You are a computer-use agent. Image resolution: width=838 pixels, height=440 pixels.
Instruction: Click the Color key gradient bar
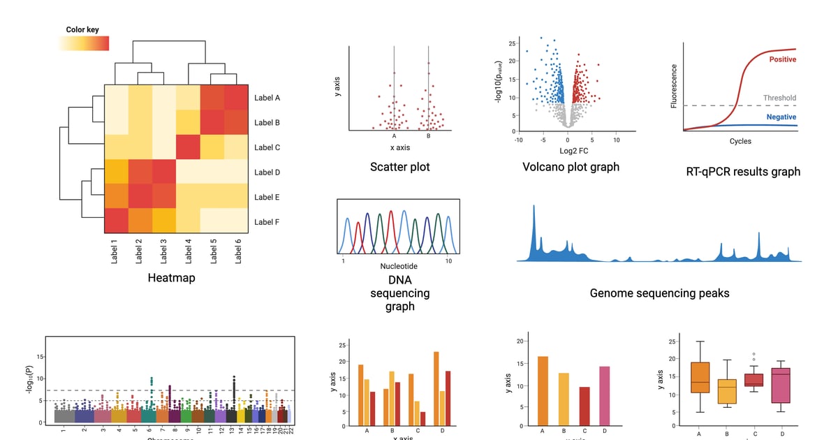(x=84, y=43)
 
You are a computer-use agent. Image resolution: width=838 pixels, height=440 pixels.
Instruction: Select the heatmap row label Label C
(x=267, y=147)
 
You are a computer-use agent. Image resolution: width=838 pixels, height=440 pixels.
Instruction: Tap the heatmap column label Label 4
(x=188, y=251)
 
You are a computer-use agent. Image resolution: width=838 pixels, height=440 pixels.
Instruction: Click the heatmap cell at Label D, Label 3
(x=163, y=172)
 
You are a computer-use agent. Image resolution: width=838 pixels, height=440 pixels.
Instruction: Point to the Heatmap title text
(x=171, y=278)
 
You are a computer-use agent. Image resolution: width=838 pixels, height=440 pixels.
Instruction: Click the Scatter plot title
(x=400, y=167)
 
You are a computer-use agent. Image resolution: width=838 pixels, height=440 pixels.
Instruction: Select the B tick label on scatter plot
(x=428, y=136)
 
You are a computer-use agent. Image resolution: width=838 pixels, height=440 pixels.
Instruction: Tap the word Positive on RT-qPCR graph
(x=782, y=60)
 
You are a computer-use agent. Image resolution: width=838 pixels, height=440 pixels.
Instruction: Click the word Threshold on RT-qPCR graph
(x=779, y=98)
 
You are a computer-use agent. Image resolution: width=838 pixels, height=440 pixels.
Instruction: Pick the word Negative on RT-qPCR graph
(x=781, y=117)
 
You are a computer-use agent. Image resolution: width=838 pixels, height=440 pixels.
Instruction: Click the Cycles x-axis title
(x=740, y=141)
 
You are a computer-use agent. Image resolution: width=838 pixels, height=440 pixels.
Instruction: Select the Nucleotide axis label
(x=399, y=266)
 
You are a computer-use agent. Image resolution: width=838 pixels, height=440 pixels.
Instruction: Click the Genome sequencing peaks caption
(x=659, y=293)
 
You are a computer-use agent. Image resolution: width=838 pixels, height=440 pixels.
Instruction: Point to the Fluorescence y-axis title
(x=674, y=86)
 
